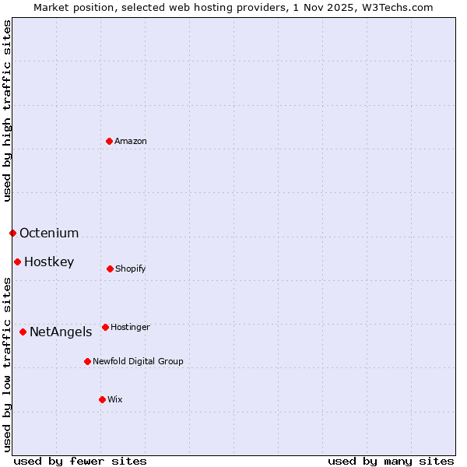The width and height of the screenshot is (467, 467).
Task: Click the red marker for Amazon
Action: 110,141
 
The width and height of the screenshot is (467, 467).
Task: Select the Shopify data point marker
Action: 110,269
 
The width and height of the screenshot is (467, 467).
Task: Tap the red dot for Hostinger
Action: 105,327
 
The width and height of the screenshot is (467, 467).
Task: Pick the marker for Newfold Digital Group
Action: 87,361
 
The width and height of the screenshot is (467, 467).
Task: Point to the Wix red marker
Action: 102,399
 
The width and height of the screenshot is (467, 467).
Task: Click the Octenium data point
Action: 12,233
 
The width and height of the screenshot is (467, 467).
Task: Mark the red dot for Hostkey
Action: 17,262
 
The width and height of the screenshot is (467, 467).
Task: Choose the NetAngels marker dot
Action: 23,332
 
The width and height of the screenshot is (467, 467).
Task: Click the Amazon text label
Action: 131,142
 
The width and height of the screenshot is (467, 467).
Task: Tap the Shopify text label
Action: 131,269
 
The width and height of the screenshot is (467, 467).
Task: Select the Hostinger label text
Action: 130,328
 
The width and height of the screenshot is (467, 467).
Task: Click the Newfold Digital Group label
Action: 138,362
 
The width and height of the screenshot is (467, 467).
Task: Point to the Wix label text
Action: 115,400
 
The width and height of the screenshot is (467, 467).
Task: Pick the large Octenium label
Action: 49,233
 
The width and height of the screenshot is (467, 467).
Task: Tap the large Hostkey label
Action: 49,262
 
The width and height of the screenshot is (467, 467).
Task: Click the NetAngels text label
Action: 61,332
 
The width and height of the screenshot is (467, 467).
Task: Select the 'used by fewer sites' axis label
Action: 80,461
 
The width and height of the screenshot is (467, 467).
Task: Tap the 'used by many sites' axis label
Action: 391,461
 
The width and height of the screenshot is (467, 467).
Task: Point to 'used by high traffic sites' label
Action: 7,111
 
